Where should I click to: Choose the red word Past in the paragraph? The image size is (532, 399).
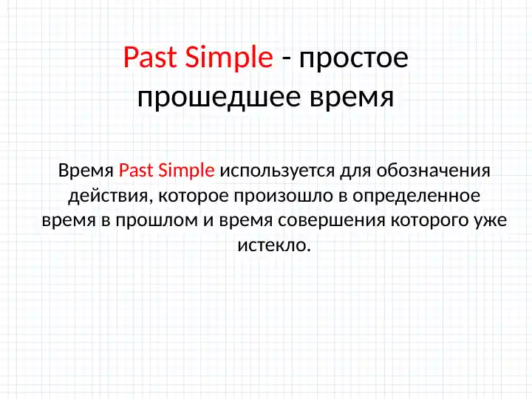click(134, 171)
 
